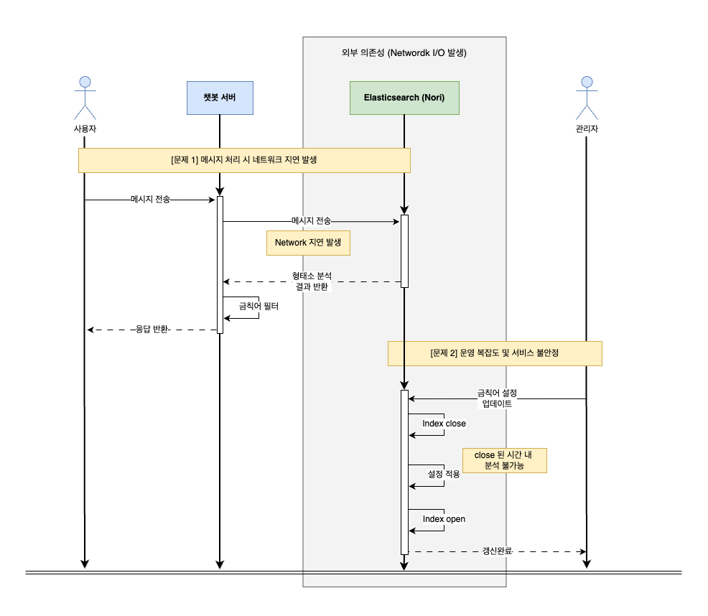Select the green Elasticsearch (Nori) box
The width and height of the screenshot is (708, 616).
[x=404, y=97]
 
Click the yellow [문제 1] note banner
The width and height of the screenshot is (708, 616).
[x=244, y=160]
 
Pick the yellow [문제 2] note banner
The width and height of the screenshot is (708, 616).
[x=495, y=353]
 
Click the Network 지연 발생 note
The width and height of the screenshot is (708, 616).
[x=308, y=243]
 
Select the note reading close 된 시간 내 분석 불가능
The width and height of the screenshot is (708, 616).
[x=504, y=460]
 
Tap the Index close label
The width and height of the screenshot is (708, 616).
[x=444, y=424]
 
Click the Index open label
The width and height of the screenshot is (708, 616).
[x=444, y=519]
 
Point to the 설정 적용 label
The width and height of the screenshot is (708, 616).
[x=444, y=474]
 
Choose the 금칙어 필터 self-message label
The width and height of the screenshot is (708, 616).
[x=258, y=306]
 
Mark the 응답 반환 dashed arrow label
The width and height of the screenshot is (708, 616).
[x=152, y=330]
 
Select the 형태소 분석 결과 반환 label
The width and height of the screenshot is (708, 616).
[x=312, y=281]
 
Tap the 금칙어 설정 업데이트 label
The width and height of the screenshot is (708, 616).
[x=497, y=398]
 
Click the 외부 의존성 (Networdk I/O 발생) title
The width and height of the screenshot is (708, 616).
[x=405, y=53]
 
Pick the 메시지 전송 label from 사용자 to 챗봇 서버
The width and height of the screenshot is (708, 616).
[x=151, y=200]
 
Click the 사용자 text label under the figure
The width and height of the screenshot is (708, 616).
[x=85, y=129]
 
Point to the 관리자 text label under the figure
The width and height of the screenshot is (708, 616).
[x=587, y=129]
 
